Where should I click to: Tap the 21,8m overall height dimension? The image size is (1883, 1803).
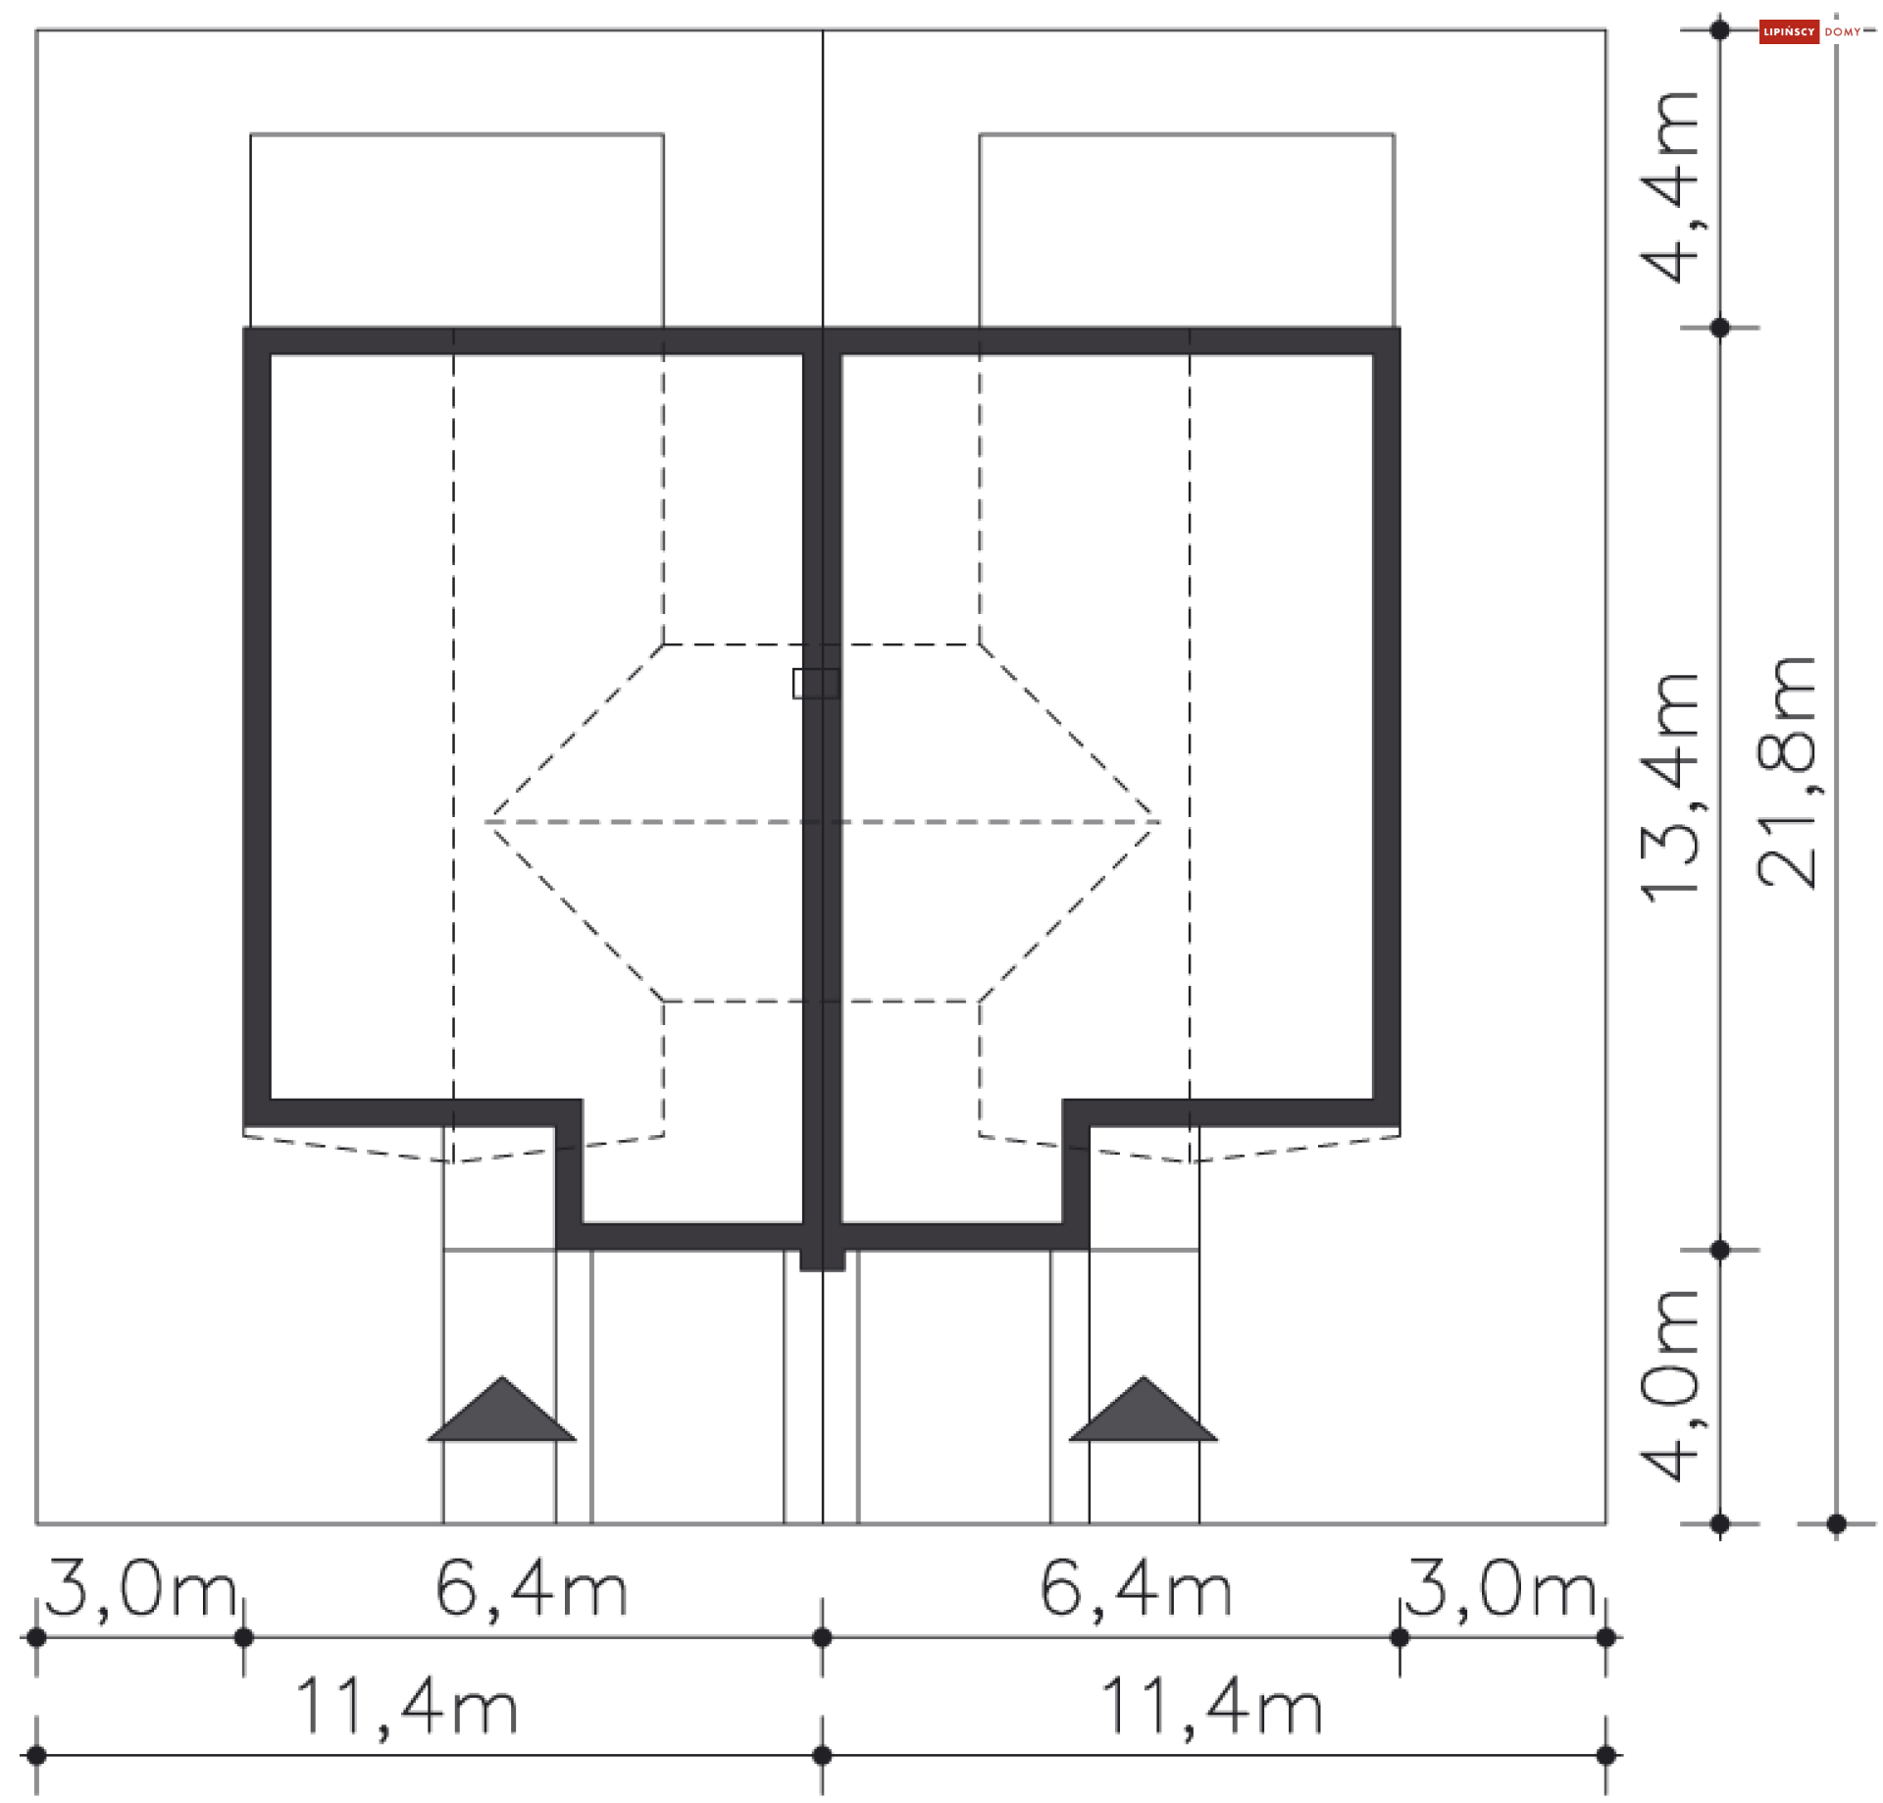(1787, 772)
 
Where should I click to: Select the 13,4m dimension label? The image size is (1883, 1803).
(1669, 787)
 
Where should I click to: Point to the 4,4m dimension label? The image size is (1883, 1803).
(1669, 186)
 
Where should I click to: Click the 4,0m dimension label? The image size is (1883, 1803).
(1669, 1384)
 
